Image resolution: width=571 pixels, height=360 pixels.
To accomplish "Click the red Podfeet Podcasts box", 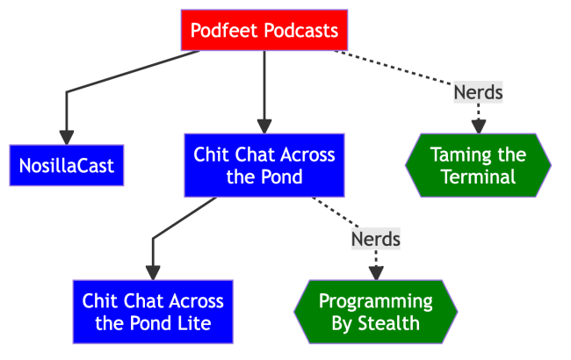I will coord(264,31).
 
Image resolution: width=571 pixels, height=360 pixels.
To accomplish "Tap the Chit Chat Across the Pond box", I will coord(264,166).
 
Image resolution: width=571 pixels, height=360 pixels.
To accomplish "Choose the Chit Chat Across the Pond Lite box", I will coord(153,312).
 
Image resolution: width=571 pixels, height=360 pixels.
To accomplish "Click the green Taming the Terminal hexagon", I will coord(478,166).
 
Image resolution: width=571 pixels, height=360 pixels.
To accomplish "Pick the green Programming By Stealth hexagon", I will coord(376,312).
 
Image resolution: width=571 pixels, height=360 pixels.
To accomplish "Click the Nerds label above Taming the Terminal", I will coord(478,91).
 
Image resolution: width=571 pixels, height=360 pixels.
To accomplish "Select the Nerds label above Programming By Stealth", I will coord(376,238).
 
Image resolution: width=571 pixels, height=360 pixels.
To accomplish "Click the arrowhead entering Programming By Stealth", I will coord(376,272).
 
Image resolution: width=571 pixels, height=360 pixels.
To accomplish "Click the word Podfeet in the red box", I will coord(221,31).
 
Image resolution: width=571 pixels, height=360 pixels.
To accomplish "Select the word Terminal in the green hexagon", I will coord(478,177).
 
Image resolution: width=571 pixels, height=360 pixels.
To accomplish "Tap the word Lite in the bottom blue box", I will coord(194,323).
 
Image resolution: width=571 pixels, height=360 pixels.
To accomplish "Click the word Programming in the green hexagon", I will coord(376,301).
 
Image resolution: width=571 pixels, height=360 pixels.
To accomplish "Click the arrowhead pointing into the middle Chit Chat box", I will coord(264,126).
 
